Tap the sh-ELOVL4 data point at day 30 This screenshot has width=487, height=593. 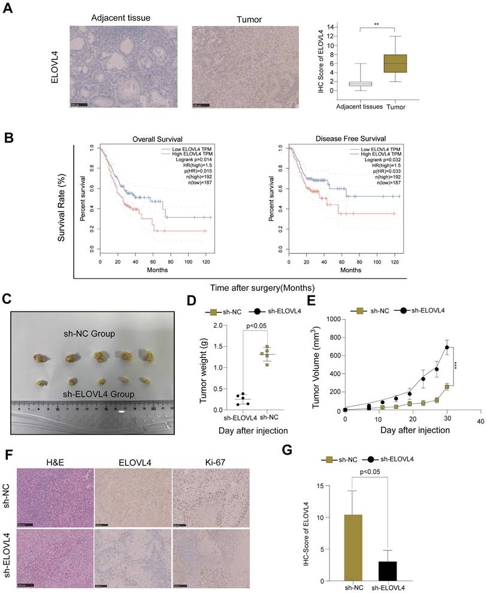coord(447,347)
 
